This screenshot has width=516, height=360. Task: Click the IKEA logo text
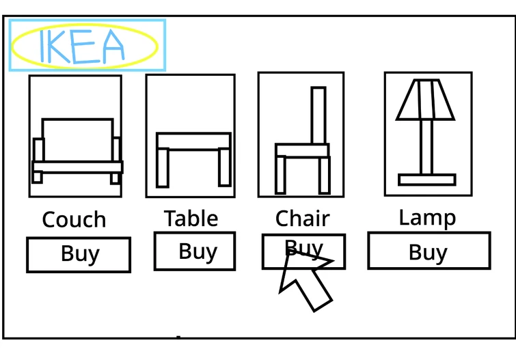click(x=82, y=46)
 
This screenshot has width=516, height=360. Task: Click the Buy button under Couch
click(x=79, y=255)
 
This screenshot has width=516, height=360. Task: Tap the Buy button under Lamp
click(x=429, y=251)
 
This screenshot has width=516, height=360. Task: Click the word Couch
click(x=74, y=219)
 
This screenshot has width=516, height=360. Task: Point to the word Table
click(x=191, y=218)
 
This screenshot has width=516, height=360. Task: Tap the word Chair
click(x=303, y=218)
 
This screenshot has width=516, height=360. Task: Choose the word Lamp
click(x=427, y=218)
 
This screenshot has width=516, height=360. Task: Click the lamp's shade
click(x=426, y=99)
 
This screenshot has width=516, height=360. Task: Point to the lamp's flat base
click(x=427, y=180)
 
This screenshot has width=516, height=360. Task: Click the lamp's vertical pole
click(x=426, y=147)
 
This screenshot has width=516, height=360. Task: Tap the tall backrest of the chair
click(x=318, y=115)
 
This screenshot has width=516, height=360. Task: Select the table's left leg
click(x=163, y=168)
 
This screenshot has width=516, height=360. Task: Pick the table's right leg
click(x=224, y=167)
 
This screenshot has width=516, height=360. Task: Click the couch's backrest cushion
click(x=78, y=140)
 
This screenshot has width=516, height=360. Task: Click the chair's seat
click(x=302, y=150)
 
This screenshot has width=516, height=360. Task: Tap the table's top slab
click(x=193, y=141)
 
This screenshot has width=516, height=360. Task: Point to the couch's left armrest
click(x=38, y=150)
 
